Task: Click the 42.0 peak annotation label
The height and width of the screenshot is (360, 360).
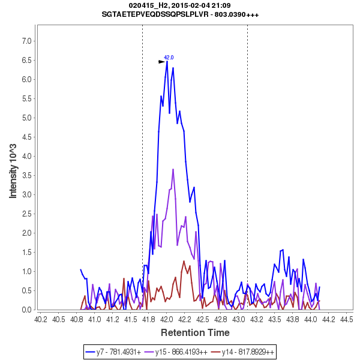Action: (x=169, y=58)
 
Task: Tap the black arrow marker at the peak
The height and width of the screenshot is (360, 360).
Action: (x=161, y=61)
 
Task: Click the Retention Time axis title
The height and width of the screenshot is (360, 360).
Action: (x=194, y=332)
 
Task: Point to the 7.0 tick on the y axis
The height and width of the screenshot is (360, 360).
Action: (x=27, y=41)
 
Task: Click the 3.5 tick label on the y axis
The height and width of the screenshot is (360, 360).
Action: (x=27, y=175)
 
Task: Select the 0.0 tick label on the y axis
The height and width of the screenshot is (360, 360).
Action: (x=27, y=310)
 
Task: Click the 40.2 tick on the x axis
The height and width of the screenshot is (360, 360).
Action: (x=41, y=319)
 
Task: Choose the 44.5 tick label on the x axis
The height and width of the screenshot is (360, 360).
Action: (x=346, y=319)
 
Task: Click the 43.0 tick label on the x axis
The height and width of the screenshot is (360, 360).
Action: (x=238, y=319)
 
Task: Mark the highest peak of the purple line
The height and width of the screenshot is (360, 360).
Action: (x=173, y=169)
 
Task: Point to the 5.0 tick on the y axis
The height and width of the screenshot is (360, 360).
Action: (x=27, y=118)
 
